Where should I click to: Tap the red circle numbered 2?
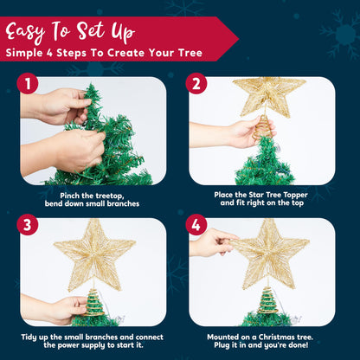(196, 84)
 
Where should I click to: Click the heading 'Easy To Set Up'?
(71, 33)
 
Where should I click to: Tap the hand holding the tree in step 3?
(65, 307)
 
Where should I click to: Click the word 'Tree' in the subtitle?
(190, 54)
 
